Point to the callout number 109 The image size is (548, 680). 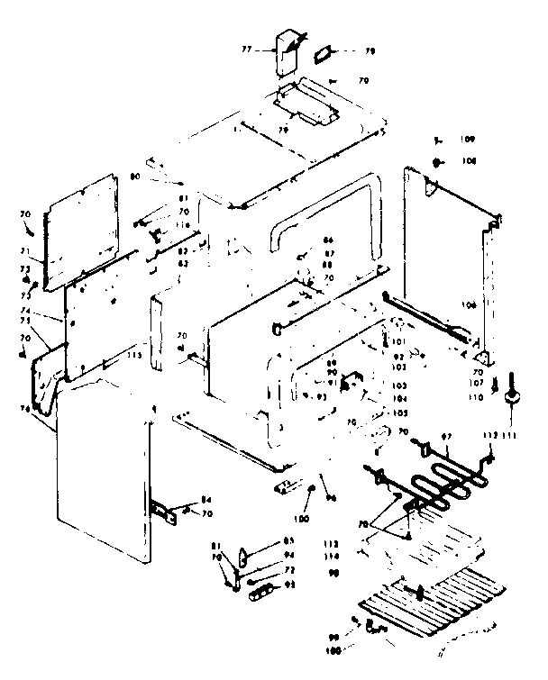point(467,140)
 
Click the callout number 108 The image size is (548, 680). point(467,161)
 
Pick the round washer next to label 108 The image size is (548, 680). point(438,162)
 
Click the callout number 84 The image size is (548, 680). point(205,501)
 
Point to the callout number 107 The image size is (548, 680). point(479,383)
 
